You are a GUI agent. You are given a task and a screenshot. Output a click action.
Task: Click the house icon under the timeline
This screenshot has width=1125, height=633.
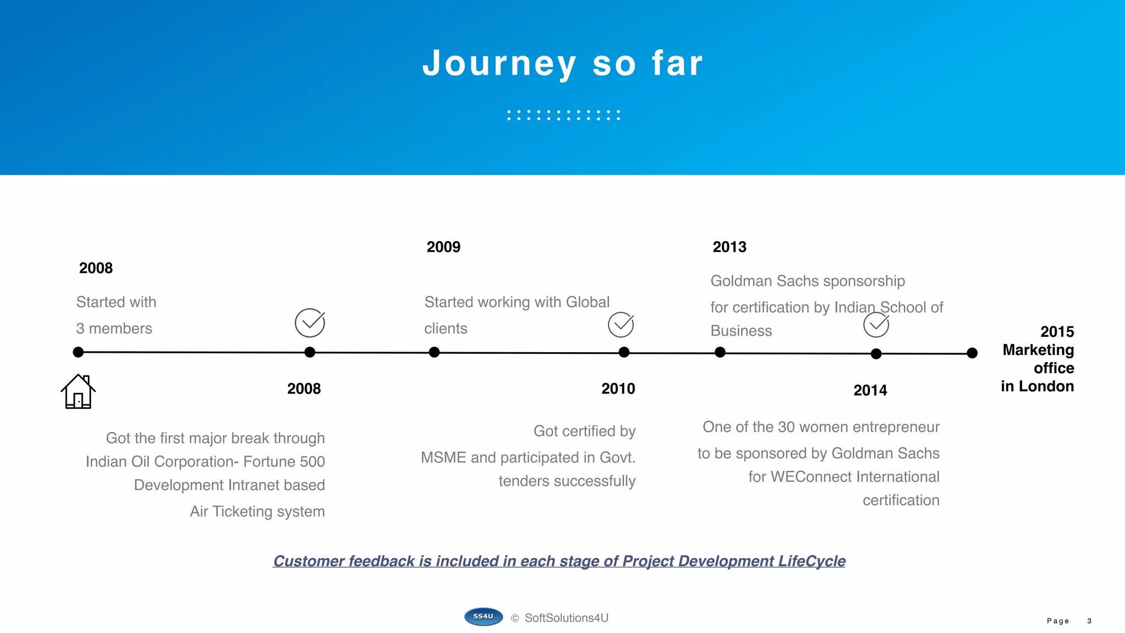click(x=78, y=391)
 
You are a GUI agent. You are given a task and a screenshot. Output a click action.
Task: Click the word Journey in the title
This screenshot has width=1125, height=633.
click(x=499, y=64)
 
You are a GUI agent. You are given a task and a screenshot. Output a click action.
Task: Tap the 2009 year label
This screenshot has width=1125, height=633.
click(x=443, y=247)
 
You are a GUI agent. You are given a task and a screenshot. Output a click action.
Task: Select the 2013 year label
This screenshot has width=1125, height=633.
click(x=729, y=247)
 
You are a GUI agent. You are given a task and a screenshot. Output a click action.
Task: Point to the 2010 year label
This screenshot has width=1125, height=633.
click(x=618, y=389)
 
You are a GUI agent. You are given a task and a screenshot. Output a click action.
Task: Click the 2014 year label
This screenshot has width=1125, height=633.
click(x=870, y=391)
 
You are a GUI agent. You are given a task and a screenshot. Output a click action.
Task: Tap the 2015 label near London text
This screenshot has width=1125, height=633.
click(x=1057, y=332)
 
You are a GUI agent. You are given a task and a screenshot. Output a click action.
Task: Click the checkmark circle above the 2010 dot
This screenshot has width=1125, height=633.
click(x=621, y=325)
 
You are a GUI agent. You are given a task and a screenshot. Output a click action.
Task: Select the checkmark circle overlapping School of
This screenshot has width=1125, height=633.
click(x=876, y=325)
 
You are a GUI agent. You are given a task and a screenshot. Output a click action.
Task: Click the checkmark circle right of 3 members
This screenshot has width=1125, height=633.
click(x=310, y=323)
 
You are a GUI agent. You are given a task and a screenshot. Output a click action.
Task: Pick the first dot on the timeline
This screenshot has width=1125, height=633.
click(x=78, y=352)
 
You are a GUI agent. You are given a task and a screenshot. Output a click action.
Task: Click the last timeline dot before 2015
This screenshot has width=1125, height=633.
click(x=972, y=353)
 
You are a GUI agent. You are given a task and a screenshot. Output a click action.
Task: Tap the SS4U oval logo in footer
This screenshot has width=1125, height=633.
click(x=483, y=617)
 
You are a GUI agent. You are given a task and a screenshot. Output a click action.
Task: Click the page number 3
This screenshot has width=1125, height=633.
click(x=1089, y=621)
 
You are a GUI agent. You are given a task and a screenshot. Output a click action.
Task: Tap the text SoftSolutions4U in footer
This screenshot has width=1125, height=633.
click(x=566, y=618)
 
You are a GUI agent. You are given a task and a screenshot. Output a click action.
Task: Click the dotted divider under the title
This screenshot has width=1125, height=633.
click(x=563, y=115)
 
